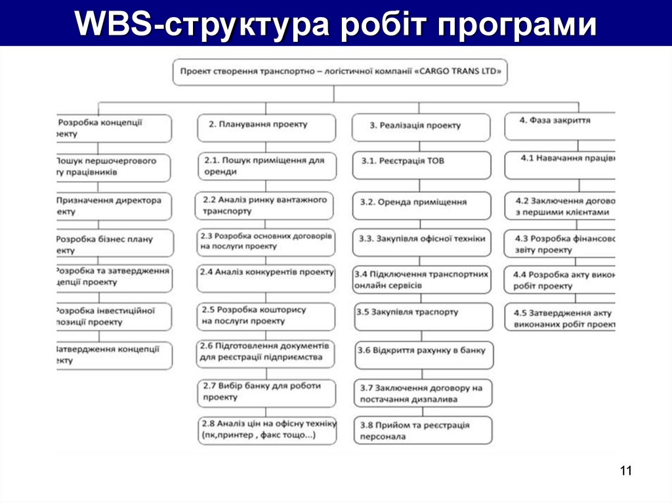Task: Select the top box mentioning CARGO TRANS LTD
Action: pos(341,72)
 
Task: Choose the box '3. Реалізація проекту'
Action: pos(421,127)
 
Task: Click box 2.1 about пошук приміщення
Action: pos(266,166)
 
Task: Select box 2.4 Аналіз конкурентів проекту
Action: pos(265,277)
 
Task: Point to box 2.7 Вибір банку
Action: pos(266,392)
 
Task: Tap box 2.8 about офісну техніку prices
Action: pos(267,430)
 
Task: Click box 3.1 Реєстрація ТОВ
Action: pos(421,165)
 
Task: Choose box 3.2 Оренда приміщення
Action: pos(421,205)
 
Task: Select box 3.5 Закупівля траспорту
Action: pos(424,316)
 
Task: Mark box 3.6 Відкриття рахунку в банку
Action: pos(424,355)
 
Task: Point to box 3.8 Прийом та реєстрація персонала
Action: pos(423,430)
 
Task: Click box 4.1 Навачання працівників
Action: pos(560,165)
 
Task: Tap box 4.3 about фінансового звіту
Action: pos(560,244)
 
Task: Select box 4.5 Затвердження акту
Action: pos(560,318)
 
